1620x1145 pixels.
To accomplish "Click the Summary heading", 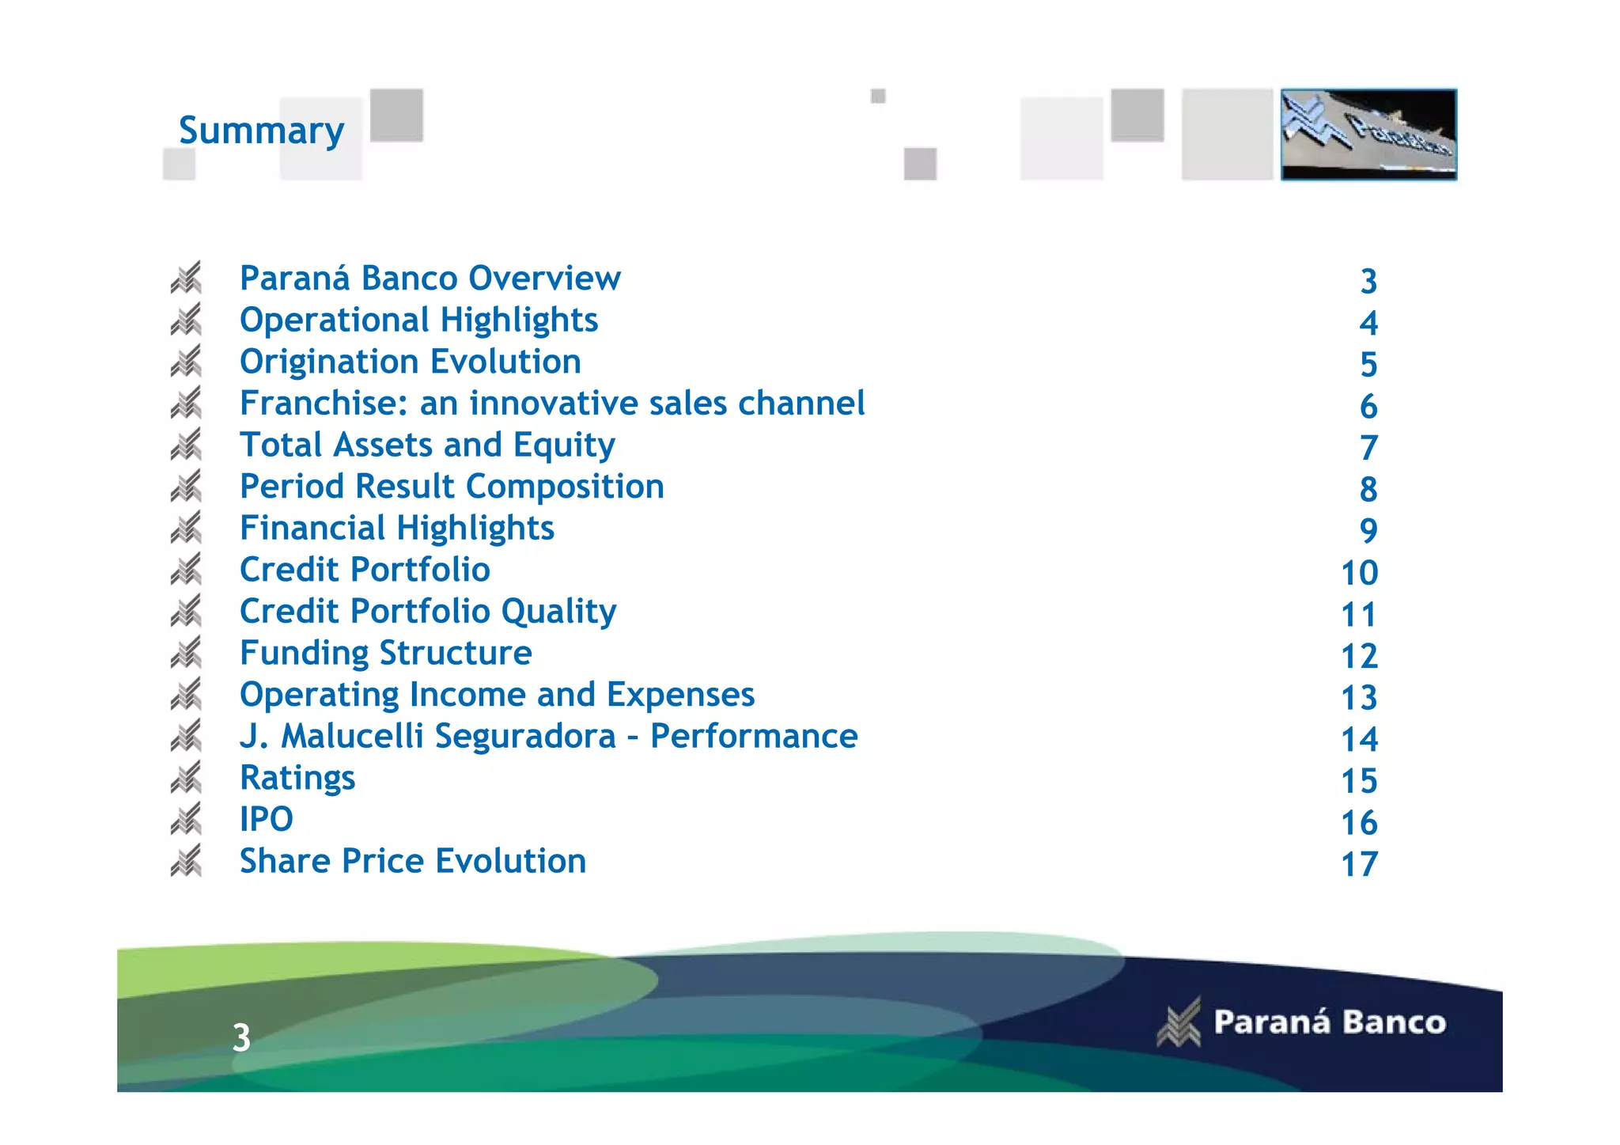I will point(261,131).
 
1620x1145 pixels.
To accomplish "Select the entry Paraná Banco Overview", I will point(430,279).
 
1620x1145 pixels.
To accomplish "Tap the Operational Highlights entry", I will point(418,320).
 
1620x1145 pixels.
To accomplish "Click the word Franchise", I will point(324,404).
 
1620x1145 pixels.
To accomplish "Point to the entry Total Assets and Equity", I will point(427,445).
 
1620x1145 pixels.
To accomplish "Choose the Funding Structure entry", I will point(385,654).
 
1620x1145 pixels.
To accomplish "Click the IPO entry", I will point(266,820).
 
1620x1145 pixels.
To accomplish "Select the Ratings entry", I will point(297,779).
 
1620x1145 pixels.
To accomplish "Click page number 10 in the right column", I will point(1359,573).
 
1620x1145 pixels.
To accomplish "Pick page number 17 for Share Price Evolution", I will point(1359,864).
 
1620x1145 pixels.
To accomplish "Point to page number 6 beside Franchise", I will point(1368,407).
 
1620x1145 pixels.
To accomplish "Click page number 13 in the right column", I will point(1359,698).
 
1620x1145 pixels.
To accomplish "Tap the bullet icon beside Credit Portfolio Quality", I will point(187,612).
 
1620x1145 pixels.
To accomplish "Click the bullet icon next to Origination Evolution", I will point(187,362).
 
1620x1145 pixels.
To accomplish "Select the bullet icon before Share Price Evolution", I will point(187,862).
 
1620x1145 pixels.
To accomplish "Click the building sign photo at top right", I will point(1368,135).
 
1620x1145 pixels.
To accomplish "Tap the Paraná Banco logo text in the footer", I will point(1329,1022).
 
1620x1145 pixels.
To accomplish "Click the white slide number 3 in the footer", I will point(241,1037).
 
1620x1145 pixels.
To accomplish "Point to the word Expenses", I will point(680,695).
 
